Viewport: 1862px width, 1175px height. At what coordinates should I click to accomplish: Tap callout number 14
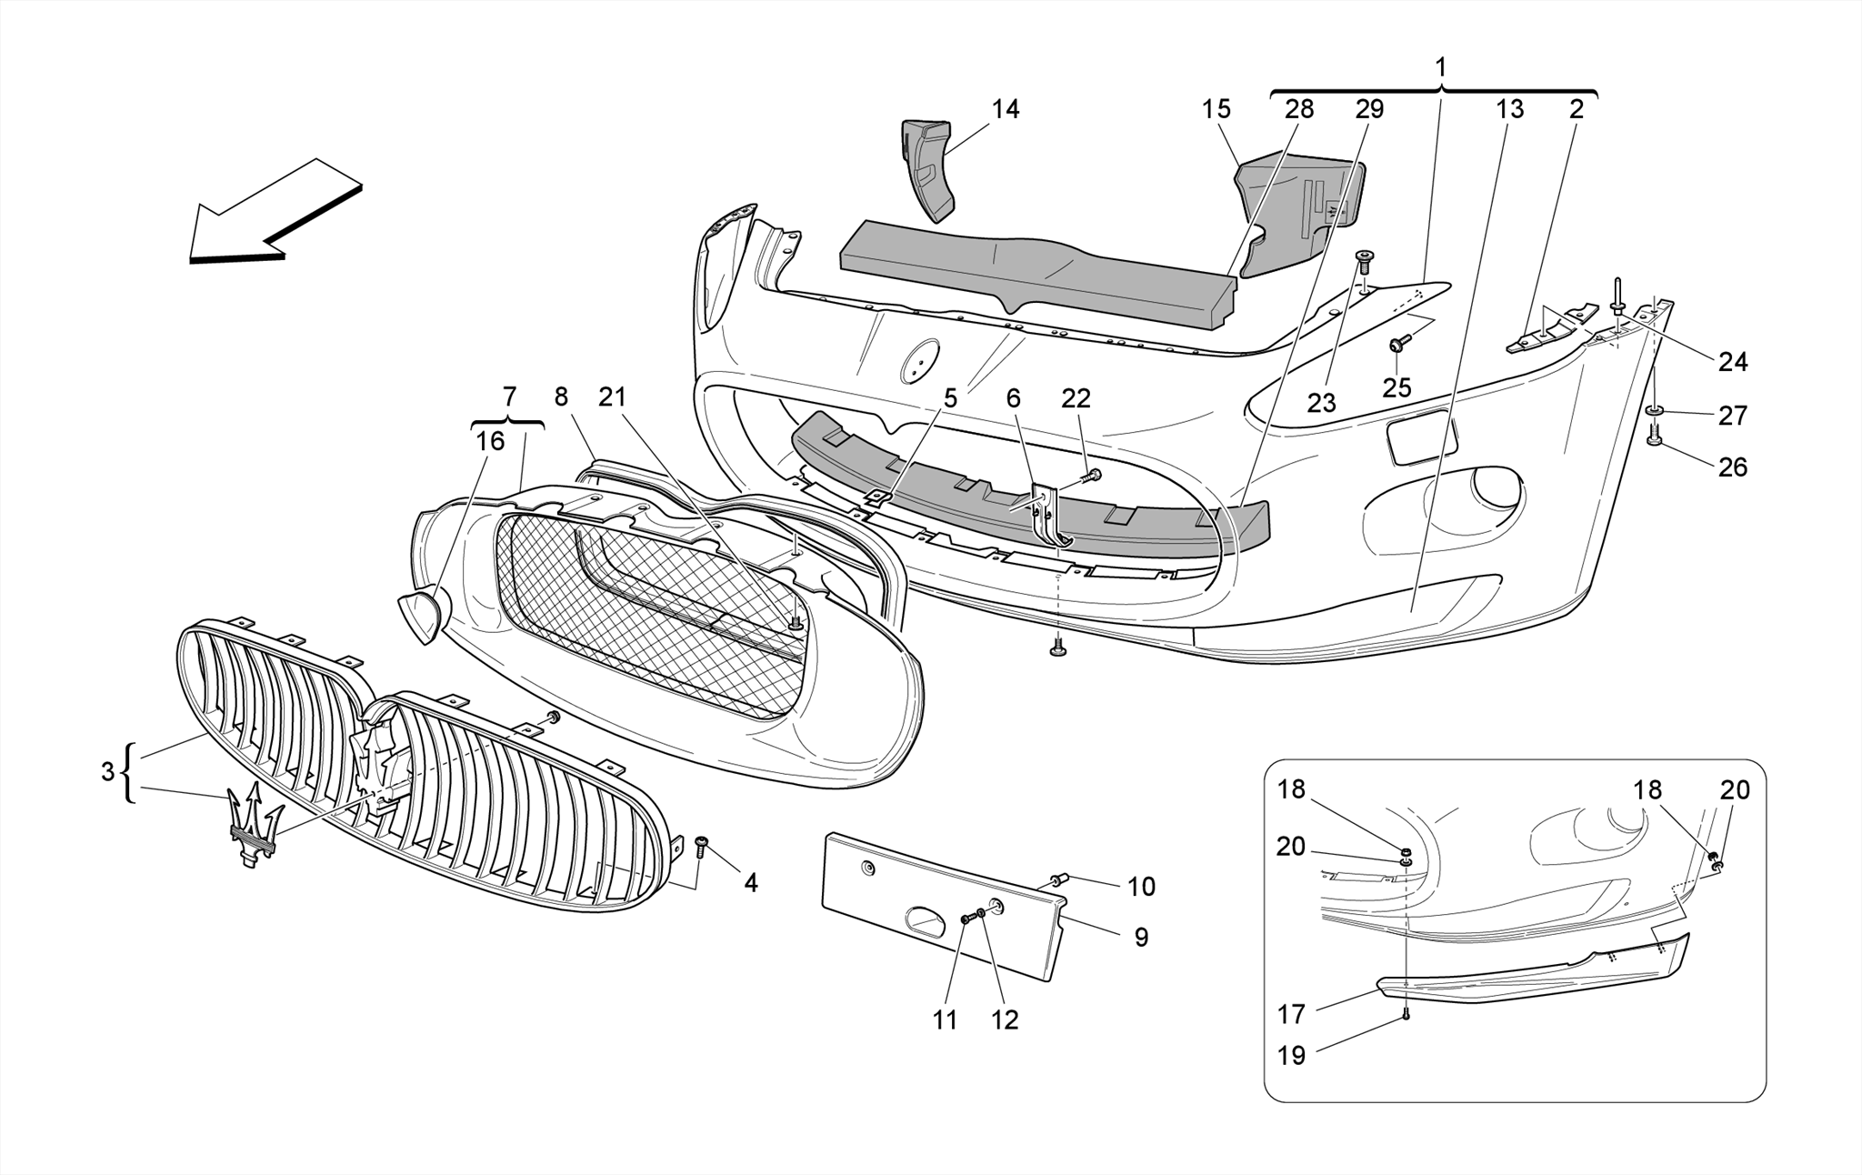[x=1005, y=110]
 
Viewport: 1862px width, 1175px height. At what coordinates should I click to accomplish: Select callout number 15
[x=1216, y=110]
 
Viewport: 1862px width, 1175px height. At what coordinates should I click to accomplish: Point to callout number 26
[x=1732, y=467]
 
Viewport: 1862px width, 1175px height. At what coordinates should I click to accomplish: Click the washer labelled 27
[x=1654, y=412]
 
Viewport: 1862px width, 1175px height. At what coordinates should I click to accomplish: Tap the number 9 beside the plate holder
[x=1141, y=938]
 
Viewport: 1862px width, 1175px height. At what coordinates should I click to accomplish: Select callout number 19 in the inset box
[x=1291, y=1056]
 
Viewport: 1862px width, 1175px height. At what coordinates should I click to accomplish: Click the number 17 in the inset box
[x=1291, y=1014]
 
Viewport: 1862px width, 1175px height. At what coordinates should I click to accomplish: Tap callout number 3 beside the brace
[x=108, y=773]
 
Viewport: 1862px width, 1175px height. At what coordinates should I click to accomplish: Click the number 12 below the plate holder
[x=1004, y=1020]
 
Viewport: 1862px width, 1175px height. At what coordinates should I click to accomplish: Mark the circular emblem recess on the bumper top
[x=919, y=361]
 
